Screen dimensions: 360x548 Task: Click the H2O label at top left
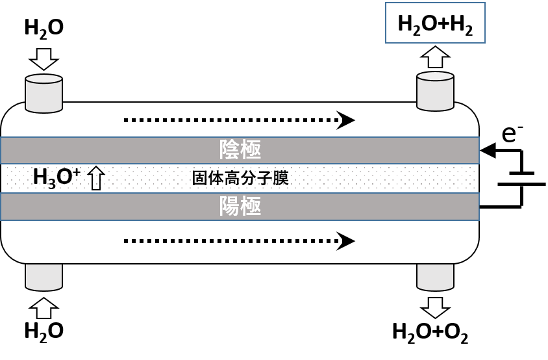[x=44, y=28]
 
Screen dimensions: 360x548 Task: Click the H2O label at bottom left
[x=44, y=331]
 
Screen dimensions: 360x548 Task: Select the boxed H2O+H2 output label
[x=435, y=23]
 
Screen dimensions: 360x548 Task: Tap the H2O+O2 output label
[x=430, y=331]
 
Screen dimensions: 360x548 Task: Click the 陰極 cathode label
[x=240, y=150]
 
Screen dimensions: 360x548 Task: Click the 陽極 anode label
[x=240, y=207]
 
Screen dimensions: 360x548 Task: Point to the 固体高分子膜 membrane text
[x=240, y=178]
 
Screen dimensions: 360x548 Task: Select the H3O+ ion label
[x=56, y=177]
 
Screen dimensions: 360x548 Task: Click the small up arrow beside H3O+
[x=96, y=178]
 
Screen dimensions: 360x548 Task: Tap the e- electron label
[x=512, y=133]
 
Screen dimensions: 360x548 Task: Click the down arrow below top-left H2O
[x=44, y=58]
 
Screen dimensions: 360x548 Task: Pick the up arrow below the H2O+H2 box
[x=435, y=57]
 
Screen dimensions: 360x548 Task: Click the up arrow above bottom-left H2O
[x=44, y=307]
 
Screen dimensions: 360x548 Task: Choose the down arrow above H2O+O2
[x=435, y=307]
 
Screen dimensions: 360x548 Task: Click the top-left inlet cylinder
[x=44, y=94]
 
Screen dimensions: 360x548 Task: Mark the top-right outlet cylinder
[x=435, y=92]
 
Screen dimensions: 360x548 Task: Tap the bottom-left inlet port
[x=44, y=277]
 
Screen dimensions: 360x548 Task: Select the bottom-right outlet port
[x=435, y=277]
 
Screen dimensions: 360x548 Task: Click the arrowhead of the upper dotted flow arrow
[x=345, y=120]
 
